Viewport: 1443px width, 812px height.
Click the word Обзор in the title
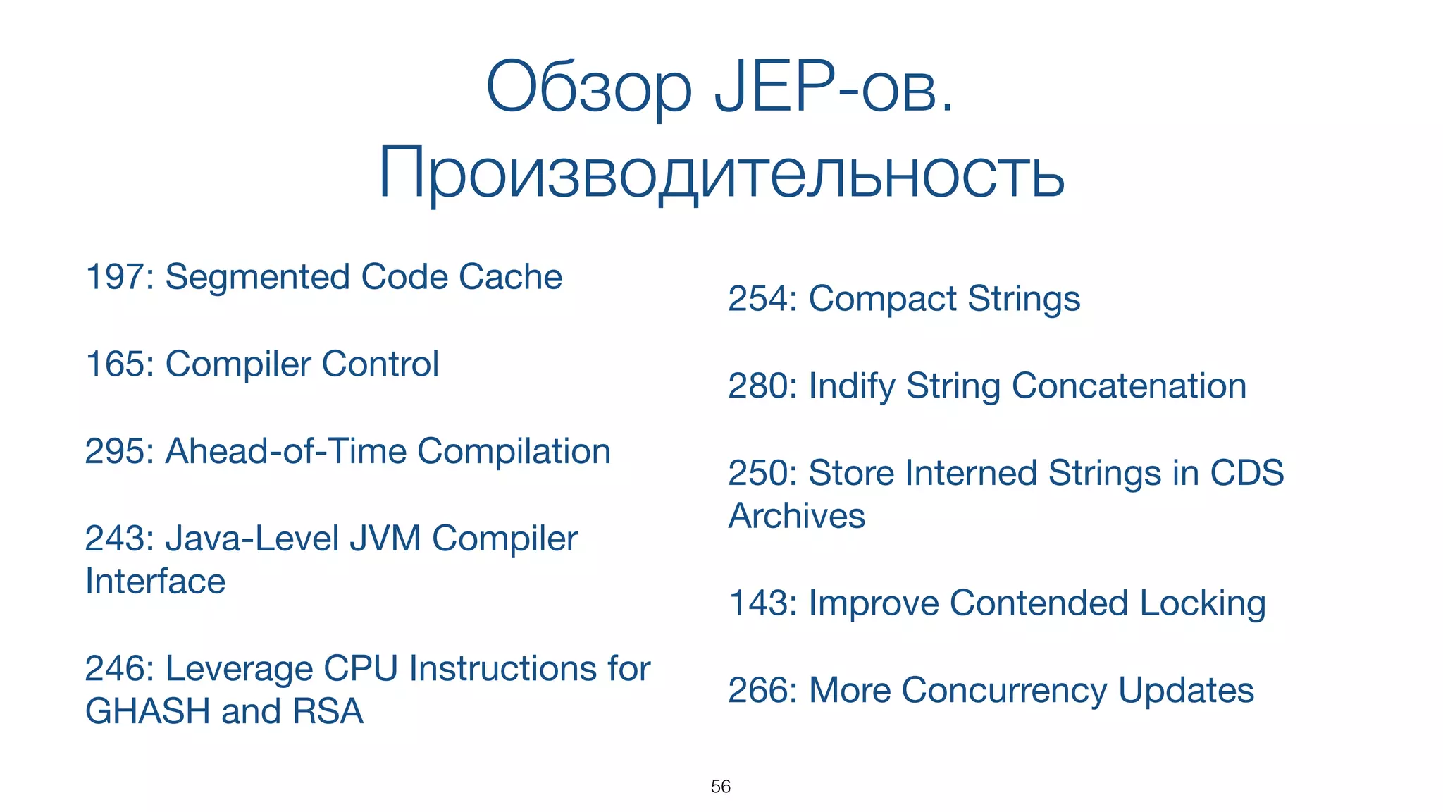[x=589, y=89]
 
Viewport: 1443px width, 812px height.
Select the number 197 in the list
[x=114, y=276]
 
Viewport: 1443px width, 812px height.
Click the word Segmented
[x=257, y=278]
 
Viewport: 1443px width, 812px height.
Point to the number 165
[x=114, y=364]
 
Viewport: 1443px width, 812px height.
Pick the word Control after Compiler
[x=380, y=364]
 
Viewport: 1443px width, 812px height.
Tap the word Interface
[x=155, y=582]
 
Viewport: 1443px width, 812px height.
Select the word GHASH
[x=148, y=711]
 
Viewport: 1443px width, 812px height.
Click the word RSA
[x=328, y=711]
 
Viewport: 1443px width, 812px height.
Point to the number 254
[x=757, y=299]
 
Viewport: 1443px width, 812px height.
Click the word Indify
[x=851, y=387]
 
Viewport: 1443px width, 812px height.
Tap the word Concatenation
[x=1129, y=386]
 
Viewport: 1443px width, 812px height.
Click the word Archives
[x=796, y=516]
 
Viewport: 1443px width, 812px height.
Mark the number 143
[x=757, y=603]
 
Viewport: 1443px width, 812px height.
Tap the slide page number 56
[x=721, y=787]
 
